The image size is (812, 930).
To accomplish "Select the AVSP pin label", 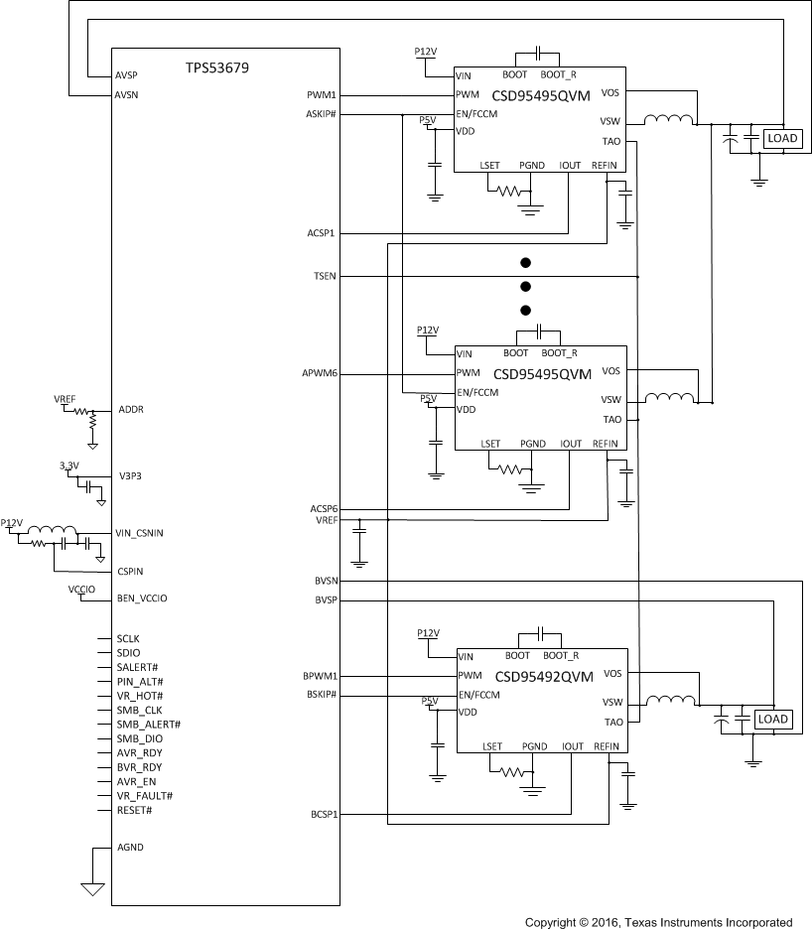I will tap(128, 75).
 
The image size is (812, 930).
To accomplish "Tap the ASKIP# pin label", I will tap(323, 114).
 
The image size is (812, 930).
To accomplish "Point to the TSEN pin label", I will tap(325, 275).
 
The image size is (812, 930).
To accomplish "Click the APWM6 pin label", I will tap(321, 374).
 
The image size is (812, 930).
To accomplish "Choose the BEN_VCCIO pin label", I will tap(141, 598).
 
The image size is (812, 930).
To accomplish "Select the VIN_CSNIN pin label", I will tap(139, 533).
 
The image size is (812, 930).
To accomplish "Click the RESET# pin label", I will tap(134, 810).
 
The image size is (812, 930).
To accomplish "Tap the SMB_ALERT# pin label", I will tap(148, 725).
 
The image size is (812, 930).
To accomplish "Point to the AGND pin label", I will tap(130, 848).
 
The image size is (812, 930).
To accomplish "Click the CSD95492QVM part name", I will tap(544, 677).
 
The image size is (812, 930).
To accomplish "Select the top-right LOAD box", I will tap(782, 139).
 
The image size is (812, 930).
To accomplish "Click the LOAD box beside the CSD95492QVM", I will tap(772, 719).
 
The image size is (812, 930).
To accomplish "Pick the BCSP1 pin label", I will tap(323, 815).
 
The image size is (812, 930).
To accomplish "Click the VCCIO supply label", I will tap(81, 589).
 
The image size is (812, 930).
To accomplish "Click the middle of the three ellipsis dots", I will tap(526, 286).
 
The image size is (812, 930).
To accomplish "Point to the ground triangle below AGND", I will tap(92, 889).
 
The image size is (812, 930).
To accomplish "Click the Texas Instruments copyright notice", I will tap(658, 922).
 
